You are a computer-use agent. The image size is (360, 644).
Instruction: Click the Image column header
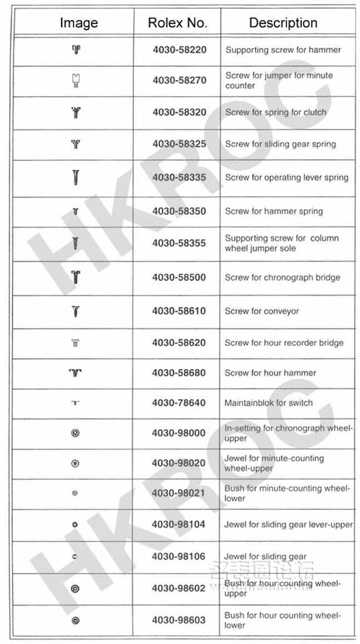click(78, 23)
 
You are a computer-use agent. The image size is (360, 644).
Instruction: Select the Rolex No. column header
click(177, 23)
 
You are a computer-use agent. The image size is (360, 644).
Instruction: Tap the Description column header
click(283, 23)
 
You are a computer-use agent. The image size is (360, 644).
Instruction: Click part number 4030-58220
click(179, 50)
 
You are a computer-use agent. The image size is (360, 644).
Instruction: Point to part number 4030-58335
click(179, 178)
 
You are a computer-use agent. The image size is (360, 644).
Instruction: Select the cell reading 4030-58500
click(179, 278)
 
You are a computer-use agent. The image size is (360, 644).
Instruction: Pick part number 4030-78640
click(179, 403)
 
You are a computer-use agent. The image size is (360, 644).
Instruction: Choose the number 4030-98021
click(178, 493)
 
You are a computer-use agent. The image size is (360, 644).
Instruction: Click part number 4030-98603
click(178, 620)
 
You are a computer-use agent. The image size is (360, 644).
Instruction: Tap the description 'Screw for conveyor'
click(262, 311)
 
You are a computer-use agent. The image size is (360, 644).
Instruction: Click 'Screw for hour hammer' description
click(270, 373)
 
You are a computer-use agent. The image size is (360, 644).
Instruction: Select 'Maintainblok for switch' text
click(268, 403)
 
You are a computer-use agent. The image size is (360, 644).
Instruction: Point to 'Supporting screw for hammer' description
click(283, 50)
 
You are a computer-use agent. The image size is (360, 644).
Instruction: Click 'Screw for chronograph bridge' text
click(282, 278)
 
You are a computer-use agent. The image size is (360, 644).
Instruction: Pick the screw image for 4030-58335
click(76, 178)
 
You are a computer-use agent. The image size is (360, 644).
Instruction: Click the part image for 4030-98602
click(76, 588)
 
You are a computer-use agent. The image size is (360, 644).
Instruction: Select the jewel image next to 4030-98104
click(76, 525)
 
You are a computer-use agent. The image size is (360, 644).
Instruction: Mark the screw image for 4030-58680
click(76, 373)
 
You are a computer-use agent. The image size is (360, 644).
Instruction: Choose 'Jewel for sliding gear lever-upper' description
click(288, 525)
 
